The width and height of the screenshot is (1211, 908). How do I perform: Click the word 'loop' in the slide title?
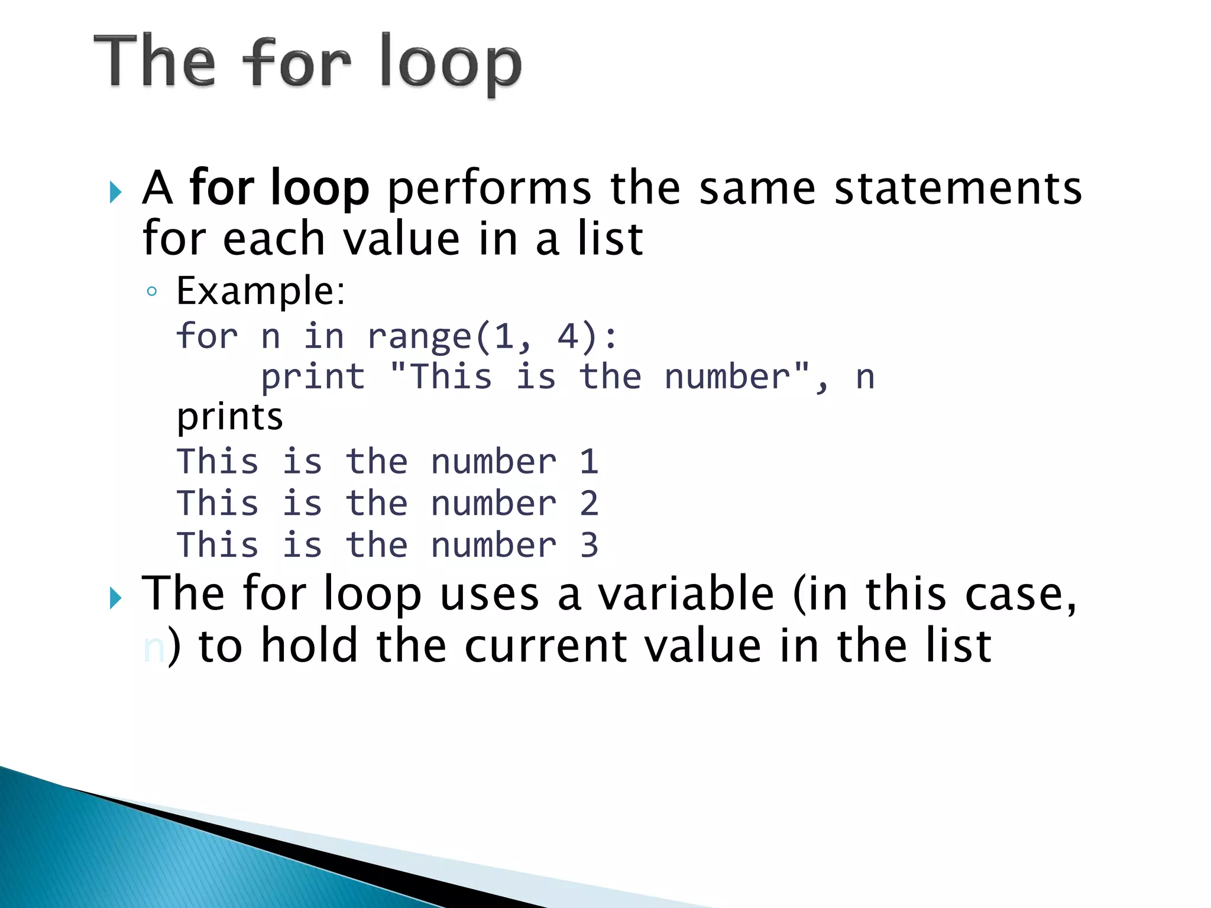[450, 64]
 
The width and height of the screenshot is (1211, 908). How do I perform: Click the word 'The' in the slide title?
[155, 61]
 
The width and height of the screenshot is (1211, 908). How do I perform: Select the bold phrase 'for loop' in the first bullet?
[279, 188]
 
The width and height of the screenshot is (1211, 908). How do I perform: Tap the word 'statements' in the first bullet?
[957, 188]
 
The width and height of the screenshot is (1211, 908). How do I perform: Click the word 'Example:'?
[261, 291]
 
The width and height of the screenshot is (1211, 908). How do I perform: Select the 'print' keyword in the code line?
[313, 377]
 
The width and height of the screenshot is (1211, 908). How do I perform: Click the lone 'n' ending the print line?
[865, 377]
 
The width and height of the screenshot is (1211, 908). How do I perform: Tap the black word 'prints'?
[230, 417]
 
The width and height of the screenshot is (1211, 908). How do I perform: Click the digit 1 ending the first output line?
[589, 462]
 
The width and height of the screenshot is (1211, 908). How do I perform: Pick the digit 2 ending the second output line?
[589, 504]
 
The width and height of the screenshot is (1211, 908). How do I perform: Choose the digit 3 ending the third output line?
[589, 545]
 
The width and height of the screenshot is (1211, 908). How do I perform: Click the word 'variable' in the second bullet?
[686, 594]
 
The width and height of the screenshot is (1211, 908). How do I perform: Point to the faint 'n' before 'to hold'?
[153, 648]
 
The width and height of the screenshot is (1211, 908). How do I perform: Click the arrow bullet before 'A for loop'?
[116, 192]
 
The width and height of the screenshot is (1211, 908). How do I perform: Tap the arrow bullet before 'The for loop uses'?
[116, 598]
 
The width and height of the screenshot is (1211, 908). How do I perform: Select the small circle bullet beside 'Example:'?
[152, 291]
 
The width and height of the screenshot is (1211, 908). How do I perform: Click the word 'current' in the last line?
[545, 646]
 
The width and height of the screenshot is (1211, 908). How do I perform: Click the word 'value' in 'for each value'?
[401, 239]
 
